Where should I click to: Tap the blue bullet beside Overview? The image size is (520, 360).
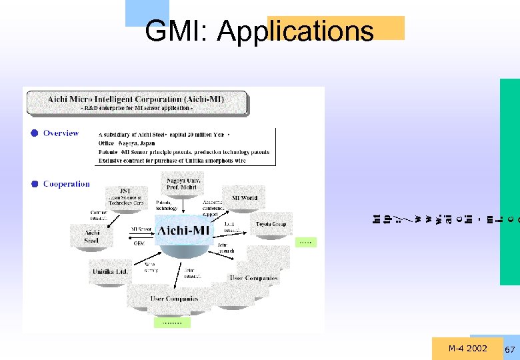point(33,133)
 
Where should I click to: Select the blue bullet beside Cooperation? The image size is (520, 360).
point(33,184)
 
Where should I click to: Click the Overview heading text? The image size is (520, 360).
point(61,133)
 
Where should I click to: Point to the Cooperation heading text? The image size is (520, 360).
point(66,184)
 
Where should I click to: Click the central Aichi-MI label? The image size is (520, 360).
point(183,231)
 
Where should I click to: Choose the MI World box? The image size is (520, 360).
point(245,198)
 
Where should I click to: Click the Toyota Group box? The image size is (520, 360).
point(271,225)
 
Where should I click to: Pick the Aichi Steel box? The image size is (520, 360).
point(91,236)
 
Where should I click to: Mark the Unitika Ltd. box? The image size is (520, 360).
point(110,272)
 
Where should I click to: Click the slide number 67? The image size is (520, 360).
point(511,350)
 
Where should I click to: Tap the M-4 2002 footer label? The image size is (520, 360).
point(467,349)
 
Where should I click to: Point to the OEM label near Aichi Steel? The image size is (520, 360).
point(139,243)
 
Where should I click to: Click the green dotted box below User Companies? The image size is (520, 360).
point(172,323)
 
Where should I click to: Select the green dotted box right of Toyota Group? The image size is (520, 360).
point(305,243)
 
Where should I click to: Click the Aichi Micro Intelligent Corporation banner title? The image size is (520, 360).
point(136,99)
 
